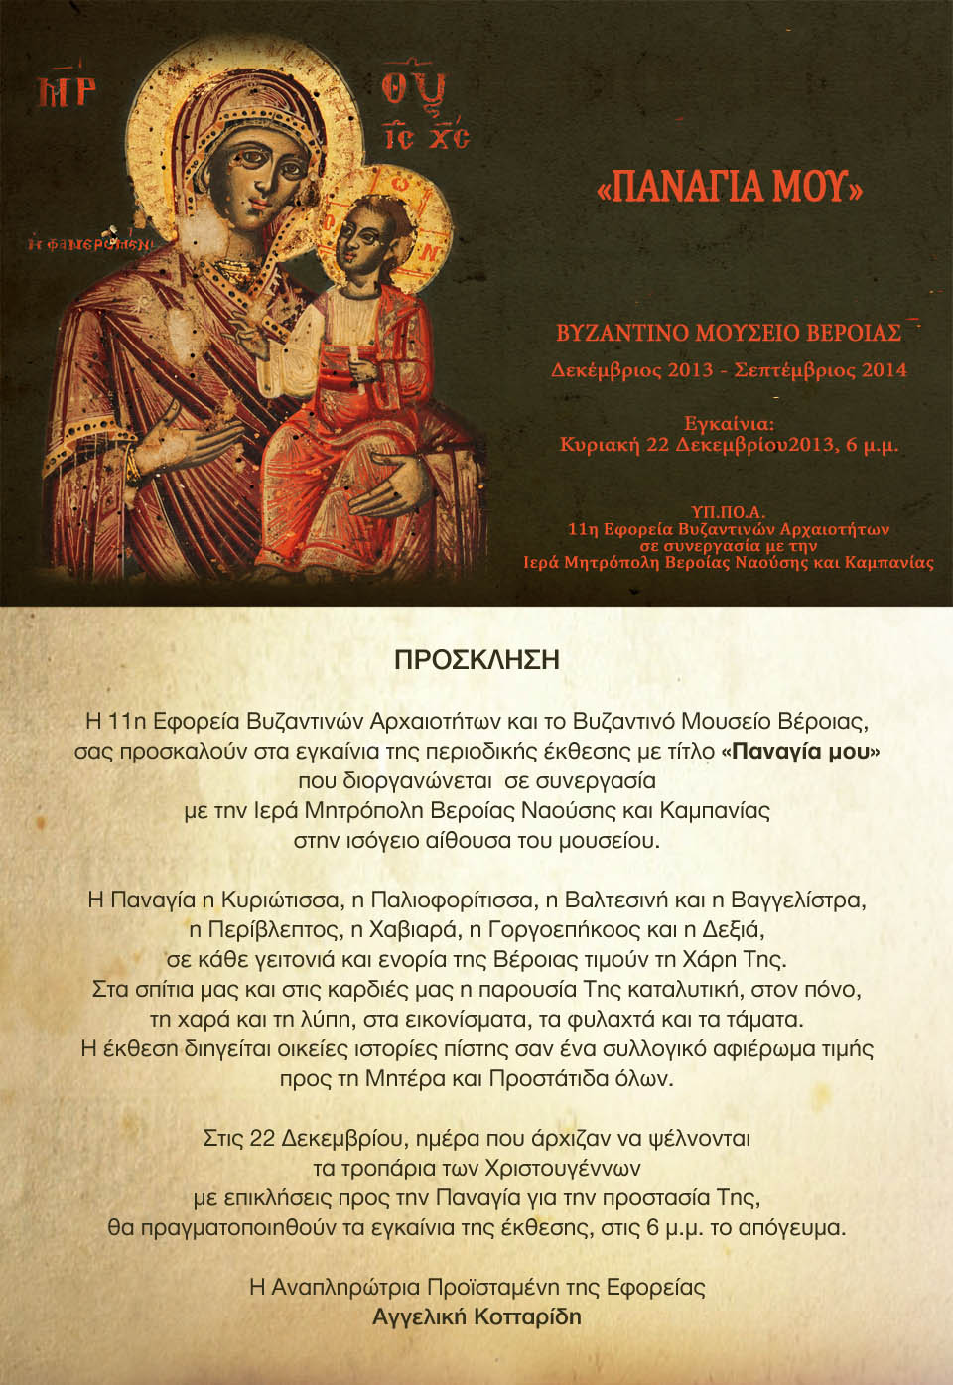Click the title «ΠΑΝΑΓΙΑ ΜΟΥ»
730,187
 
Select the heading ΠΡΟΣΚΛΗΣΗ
476,660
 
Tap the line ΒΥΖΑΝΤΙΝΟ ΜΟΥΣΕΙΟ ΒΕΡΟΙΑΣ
729,333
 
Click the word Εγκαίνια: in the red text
729,424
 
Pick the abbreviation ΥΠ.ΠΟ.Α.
729,512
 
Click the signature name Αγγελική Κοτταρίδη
476,1316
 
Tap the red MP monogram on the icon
67,92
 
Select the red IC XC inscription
427,137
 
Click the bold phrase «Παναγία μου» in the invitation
800,751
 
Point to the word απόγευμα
792,1227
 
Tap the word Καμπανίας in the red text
888,563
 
